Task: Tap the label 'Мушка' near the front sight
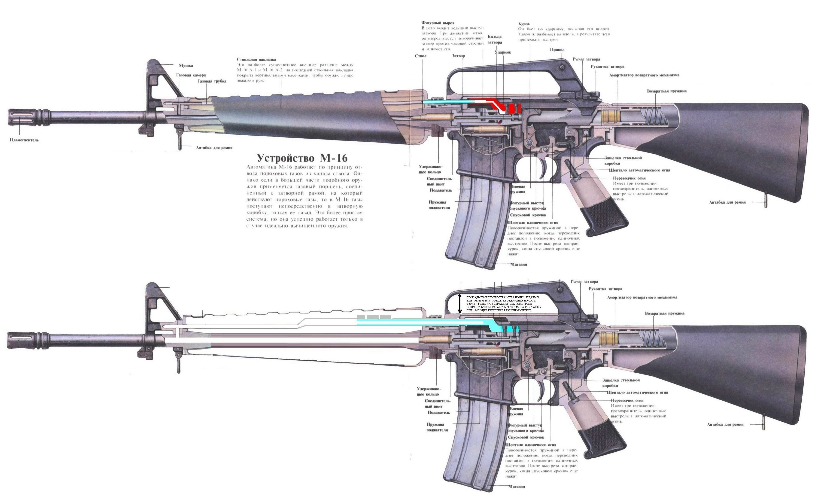point(186,65)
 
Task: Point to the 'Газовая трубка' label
point(212,81)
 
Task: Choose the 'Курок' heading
point(524,24)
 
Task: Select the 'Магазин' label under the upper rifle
point(519,264)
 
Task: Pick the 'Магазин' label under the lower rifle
point(517,487)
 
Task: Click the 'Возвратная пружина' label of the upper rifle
point(667,91)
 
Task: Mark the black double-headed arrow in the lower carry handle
point(459,304)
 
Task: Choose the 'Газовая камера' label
point(191,75)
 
